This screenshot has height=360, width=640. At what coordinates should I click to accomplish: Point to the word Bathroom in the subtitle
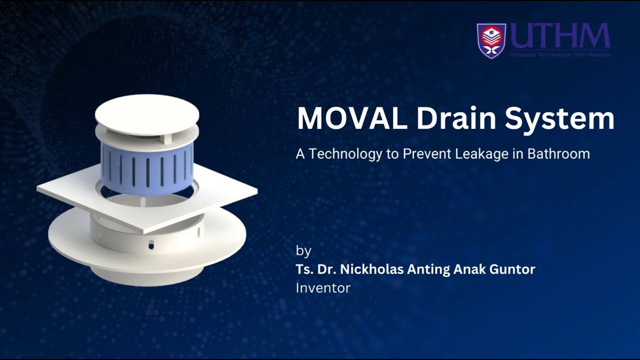pos(558,153)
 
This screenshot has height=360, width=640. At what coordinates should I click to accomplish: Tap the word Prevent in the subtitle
pos(427,153)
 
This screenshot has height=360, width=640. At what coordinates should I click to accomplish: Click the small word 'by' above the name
pos(303,250)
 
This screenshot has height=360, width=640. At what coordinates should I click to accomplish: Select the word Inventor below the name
pos(323,288)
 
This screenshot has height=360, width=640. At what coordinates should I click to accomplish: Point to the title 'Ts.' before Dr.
pos(304,269)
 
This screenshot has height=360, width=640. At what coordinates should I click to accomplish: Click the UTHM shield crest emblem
pos(491,40)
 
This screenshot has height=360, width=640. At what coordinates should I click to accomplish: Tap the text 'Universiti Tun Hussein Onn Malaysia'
pos(560,54)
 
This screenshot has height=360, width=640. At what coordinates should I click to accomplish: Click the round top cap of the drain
pos(147,113)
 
